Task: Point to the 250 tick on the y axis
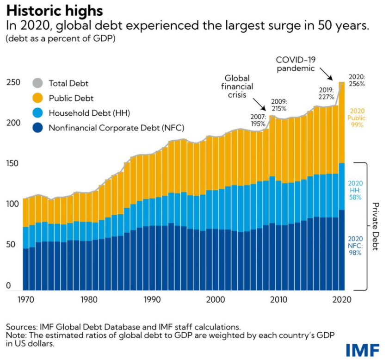pyautogui.click(x=13, y=82)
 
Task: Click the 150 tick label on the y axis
pyautogui.click(x=13, y=163)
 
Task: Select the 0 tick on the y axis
pyautogui.click(x=8, y=286)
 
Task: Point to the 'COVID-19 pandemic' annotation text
pyautogui.click(x=296, y=64)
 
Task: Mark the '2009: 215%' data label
pyautogui.click(x=278, y=105)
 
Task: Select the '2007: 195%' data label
pyautogui.click(x=258, y=120)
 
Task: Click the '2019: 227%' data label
pyautogui.click(x=327, y=93)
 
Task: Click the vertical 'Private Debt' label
pyautogui.click(x=375, y=226)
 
